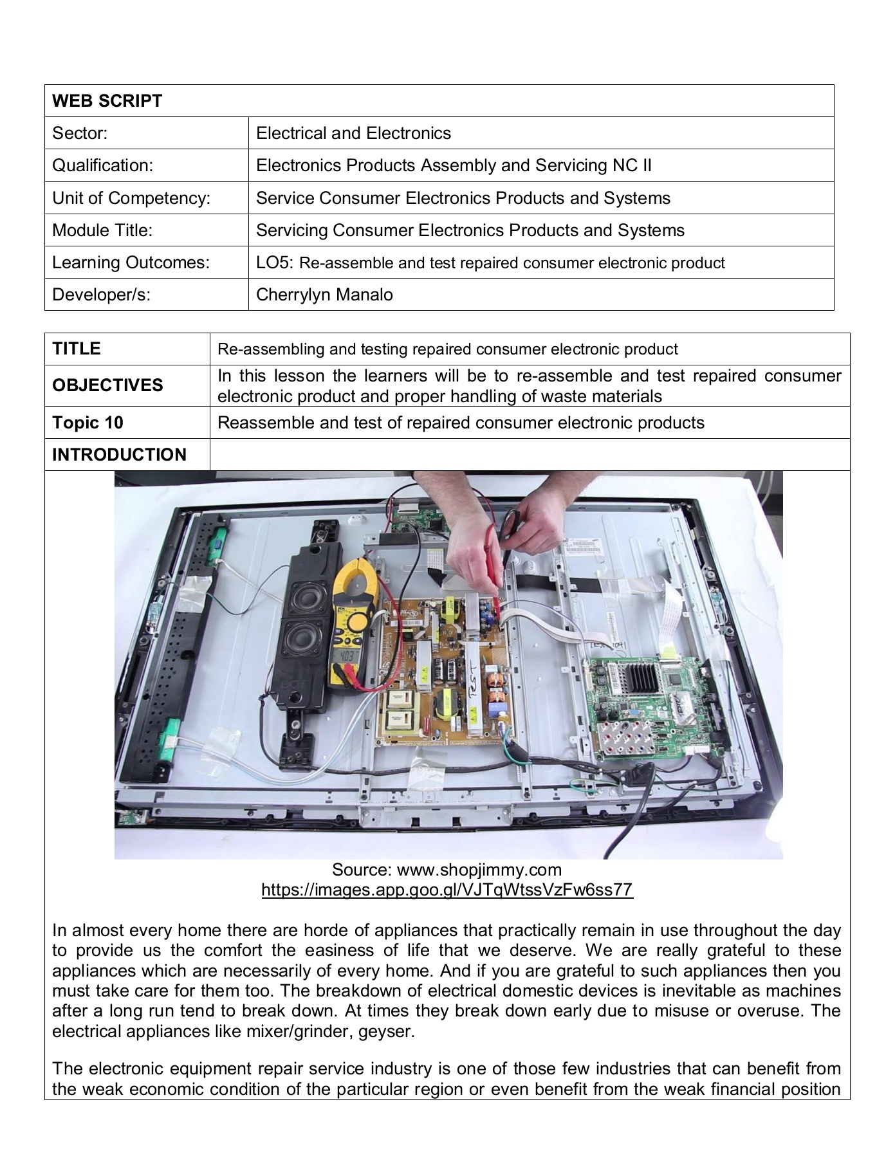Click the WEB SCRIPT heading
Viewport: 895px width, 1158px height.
[x=107, y=101]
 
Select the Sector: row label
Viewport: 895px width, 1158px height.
[x=80, y=133]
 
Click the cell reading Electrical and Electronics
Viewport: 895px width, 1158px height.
[x=353, y=133]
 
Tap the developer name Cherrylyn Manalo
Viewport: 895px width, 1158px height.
[x=324, y=295]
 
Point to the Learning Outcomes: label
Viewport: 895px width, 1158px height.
[x=131, y=262]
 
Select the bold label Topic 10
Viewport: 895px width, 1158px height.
[x=88, y=423]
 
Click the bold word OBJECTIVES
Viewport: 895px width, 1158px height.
[x=107, y=385]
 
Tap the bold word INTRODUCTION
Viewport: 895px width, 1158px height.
[x=119, y=455]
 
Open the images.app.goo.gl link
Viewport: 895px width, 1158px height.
[x=447, y=890]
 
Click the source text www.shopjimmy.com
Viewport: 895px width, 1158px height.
[x=479, y=870]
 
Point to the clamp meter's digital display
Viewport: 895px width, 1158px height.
[x=345, y=657]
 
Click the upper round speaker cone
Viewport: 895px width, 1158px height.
[x=303, y=599]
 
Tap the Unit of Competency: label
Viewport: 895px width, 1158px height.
[x=131, y=198]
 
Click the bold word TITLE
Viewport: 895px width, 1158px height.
[x=77, y=349]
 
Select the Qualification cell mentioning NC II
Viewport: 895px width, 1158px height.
[x=454, y=165]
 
